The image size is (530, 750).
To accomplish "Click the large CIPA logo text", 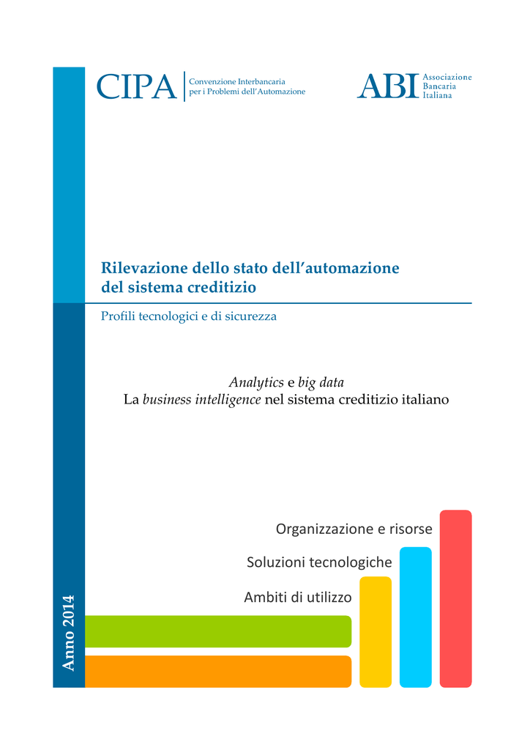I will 137,86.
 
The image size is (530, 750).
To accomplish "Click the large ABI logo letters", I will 387,86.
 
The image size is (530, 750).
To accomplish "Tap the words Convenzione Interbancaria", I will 236,81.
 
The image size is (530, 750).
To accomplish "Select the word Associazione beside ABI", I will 447,77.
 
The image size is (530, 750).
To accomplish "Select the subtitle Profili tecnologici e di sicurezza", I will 189,317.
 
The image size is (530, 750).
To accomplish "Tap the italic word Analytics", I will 255,382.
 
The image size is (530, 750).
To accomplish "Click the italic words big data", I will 321,383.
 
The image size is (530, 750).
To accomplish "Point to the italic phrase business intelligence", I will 201,400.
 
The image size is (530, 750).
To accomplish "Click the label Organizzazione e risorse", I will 354,528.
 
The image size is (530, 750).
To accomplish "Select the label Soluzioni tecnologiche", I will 319,562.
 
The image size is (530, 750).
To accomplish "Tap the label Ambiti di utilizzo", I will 297,597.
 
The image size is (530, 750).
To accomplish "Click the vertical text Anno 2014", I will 69,633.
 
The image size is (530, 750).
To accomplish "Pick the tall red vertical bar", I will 455,598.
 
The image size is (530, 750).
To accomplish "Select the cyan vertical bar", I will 415,617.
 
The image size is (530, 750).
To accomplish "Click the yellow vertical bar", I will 376,631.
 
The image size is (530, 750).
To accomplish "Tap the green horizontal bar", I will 218,631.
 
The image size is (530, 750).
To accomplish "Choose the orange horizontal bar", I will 218,671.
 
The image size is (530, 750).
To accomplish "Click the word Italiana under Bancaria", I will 438,95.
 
